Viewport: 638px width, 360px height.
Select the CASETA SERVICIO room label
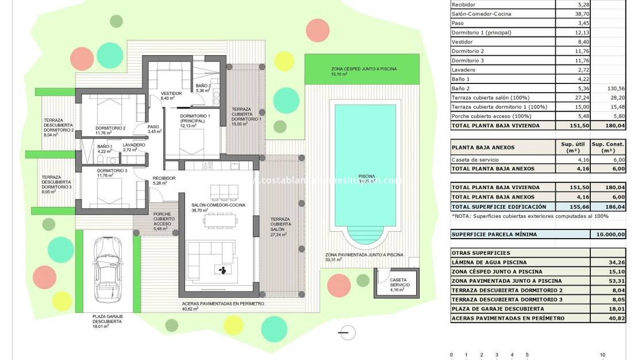click(x=398, y=282)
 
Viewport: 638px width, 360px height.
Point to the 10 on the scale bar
click(x=602, y=355)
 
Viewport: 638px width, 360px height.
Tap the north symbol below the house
click(x=344, y=332)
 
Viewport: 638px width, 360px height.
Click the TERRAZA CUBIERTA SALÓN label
click(x=282, y=227)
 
